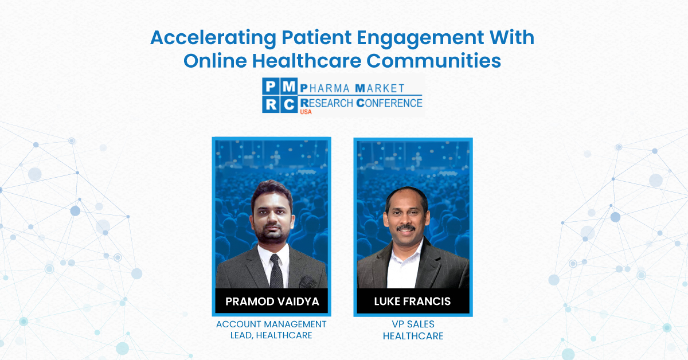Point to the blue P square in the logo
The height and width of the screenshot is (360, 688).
[x=271, y=87]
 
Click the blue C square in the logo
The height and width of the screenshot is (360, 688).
[x=289, y=104]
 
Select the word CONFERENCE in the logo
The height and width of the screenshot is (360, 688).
[x=389, y=103]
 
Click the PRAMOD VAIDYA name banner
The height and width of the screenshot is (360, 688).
[x=271, y=302]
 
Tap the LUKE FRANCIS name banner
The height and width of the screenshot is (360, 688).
[x=413, y=302]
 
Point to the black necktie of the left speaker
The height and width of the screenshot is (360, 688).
[x=276, y=272]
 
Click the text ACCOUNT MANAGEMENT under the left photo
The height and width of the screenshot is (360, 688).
[x=271, y=324]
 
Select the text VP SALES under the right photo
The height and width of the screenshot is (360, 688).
[x=413, y=324]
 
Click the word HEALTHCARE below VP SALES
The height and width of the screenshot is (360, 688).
[x=413, y=336]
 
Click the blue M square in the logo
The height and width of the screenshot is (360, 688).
[x=289, y=87]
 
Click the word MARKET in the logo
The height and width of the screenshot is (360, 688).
[x=380, y=88]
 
